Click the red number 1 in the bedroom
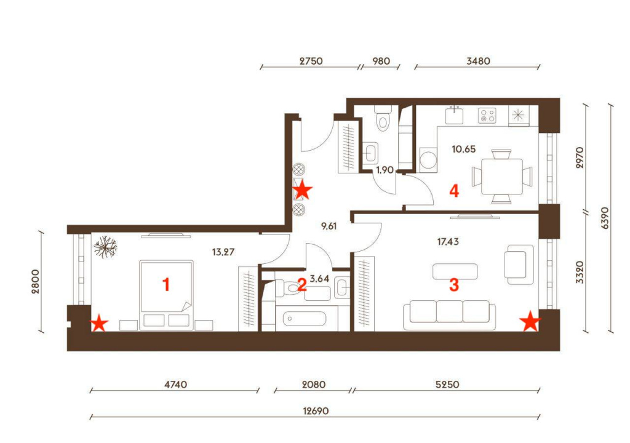coord(166,285)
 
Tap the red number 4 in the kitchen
coord(454,191)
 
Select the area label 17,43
coord(448,242)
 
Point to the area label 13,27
coord(223,252)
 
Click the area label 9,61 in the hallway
coord(329,226)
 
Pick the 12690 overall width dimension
coord(316,411)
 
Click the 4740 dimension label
coord(175,385)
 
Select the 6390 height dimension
coord(605,218)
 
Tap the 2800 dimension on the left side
coord(35,281)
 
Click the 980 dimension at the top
coord(381,61)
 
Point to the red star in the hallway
coord(303,190)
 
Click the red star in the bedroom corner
coord(99,323)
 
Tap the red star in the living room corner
coord(530,321)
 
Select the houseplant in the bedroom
coord(105,247)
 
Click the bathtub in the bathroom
coord(305,319)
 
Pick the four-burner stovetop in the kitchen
coord(487,116)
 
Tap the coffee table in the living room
coord(455,271)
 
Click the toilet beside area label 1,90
coord(383,118)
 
